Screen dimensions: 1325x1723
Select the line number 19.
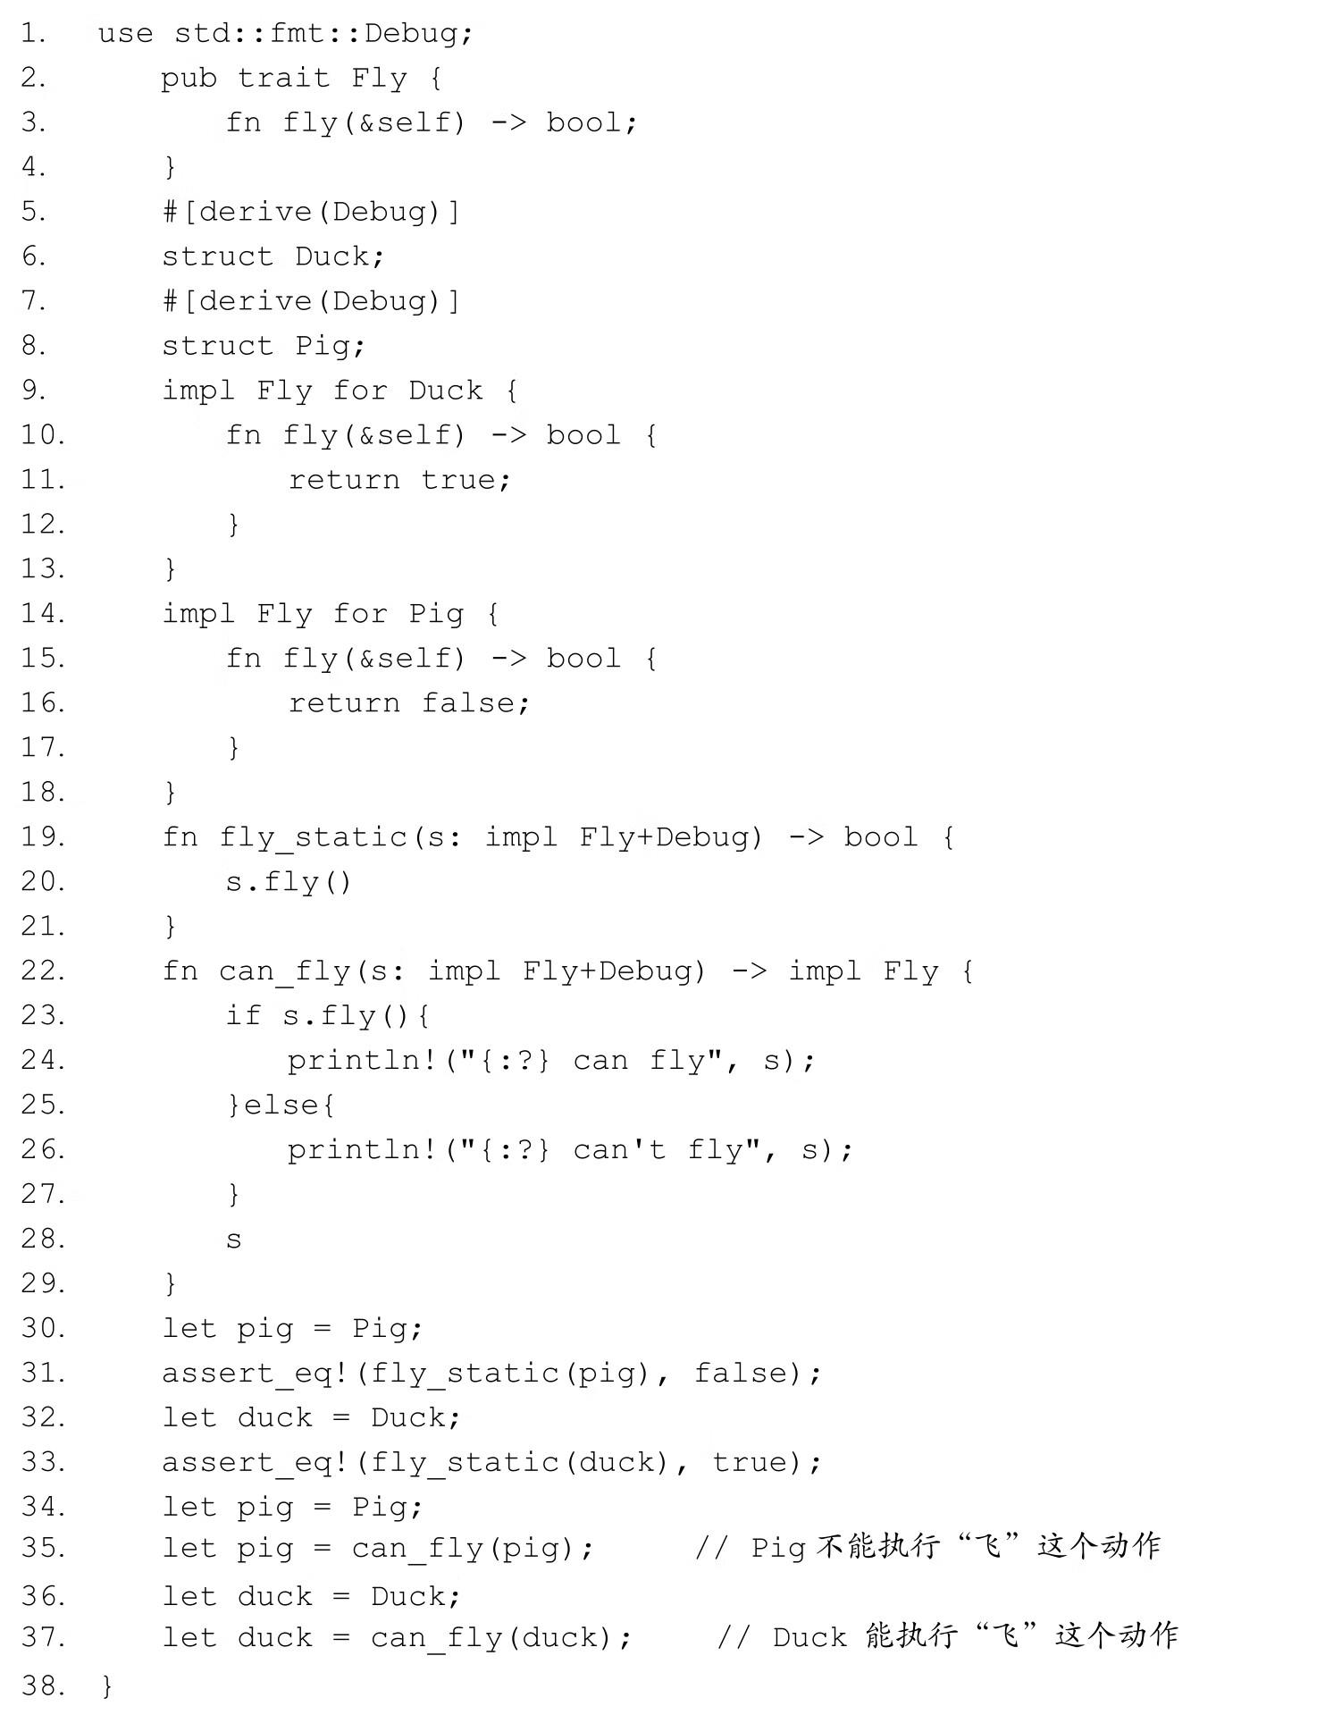click(42, 837)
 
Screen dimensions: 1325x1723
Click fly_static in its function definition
click(314, 837)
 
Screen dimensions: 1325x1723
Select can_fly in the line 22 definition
click(284, 971)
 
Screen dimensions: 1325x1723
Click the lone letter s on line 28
click(233, 1240)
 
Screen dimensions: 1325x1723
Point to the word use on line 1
click(125, 34)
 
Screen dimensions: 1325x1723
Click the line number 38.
click(42, 1686)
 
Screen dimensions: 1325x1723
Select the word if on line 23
click(243, 1016)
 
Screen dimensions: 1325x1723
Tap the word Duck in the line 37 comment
click(809, 1638)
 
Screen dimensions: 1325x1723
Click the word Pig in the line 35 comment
click(777, 1549)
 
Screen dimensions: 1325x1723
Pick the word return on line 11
click(344, 480)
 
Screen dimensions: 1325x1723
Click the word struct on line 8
click(217, 346)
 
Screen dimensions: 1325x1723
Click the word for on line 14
click(360, 614)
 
